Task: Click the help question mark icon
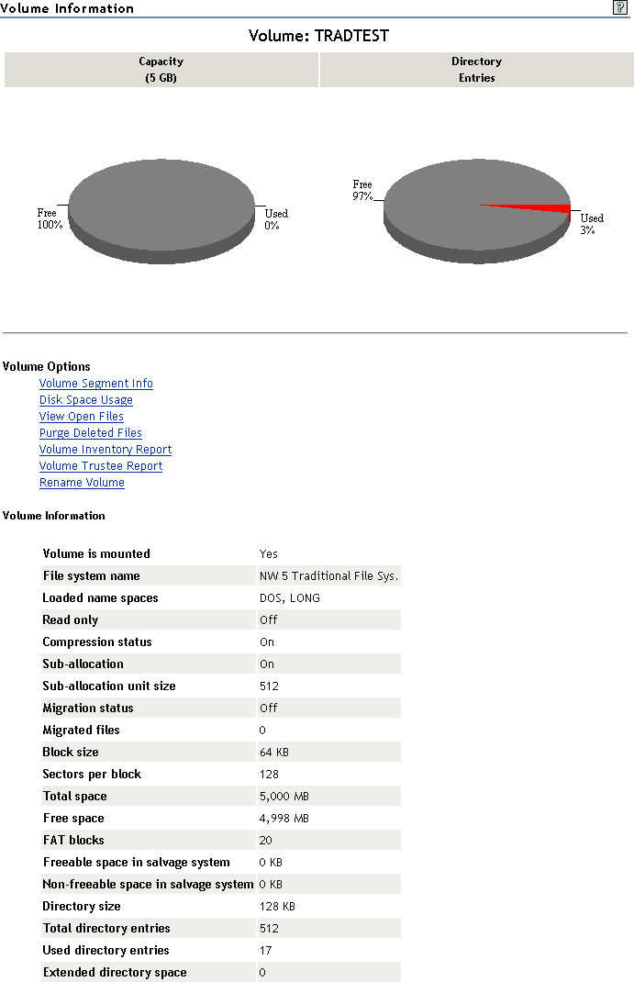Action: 620,6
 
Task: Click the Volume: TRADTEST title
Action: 318,36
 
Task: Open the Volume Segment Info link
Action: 95,384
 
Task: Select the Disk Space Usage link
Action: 85,400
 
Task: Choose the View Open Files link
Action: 81,417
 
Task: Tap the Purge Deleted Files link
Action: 90,433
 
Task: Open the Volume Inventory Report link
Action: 106,450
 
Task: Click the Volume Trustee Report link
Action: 101,466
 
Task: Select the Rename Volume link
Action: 82,483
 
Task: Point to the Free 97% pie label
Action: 362,191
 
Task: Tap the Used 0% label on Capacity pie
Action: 275,219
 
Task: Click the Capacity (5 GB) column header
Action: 161,70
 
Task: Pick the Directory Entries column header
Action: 476,70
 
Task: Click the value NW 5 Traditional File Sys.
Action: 328,576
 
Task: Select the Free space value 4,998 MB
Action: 284,819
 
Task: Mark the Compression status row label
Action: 97,642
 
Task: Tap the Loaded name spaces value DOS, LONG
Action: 290,598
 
